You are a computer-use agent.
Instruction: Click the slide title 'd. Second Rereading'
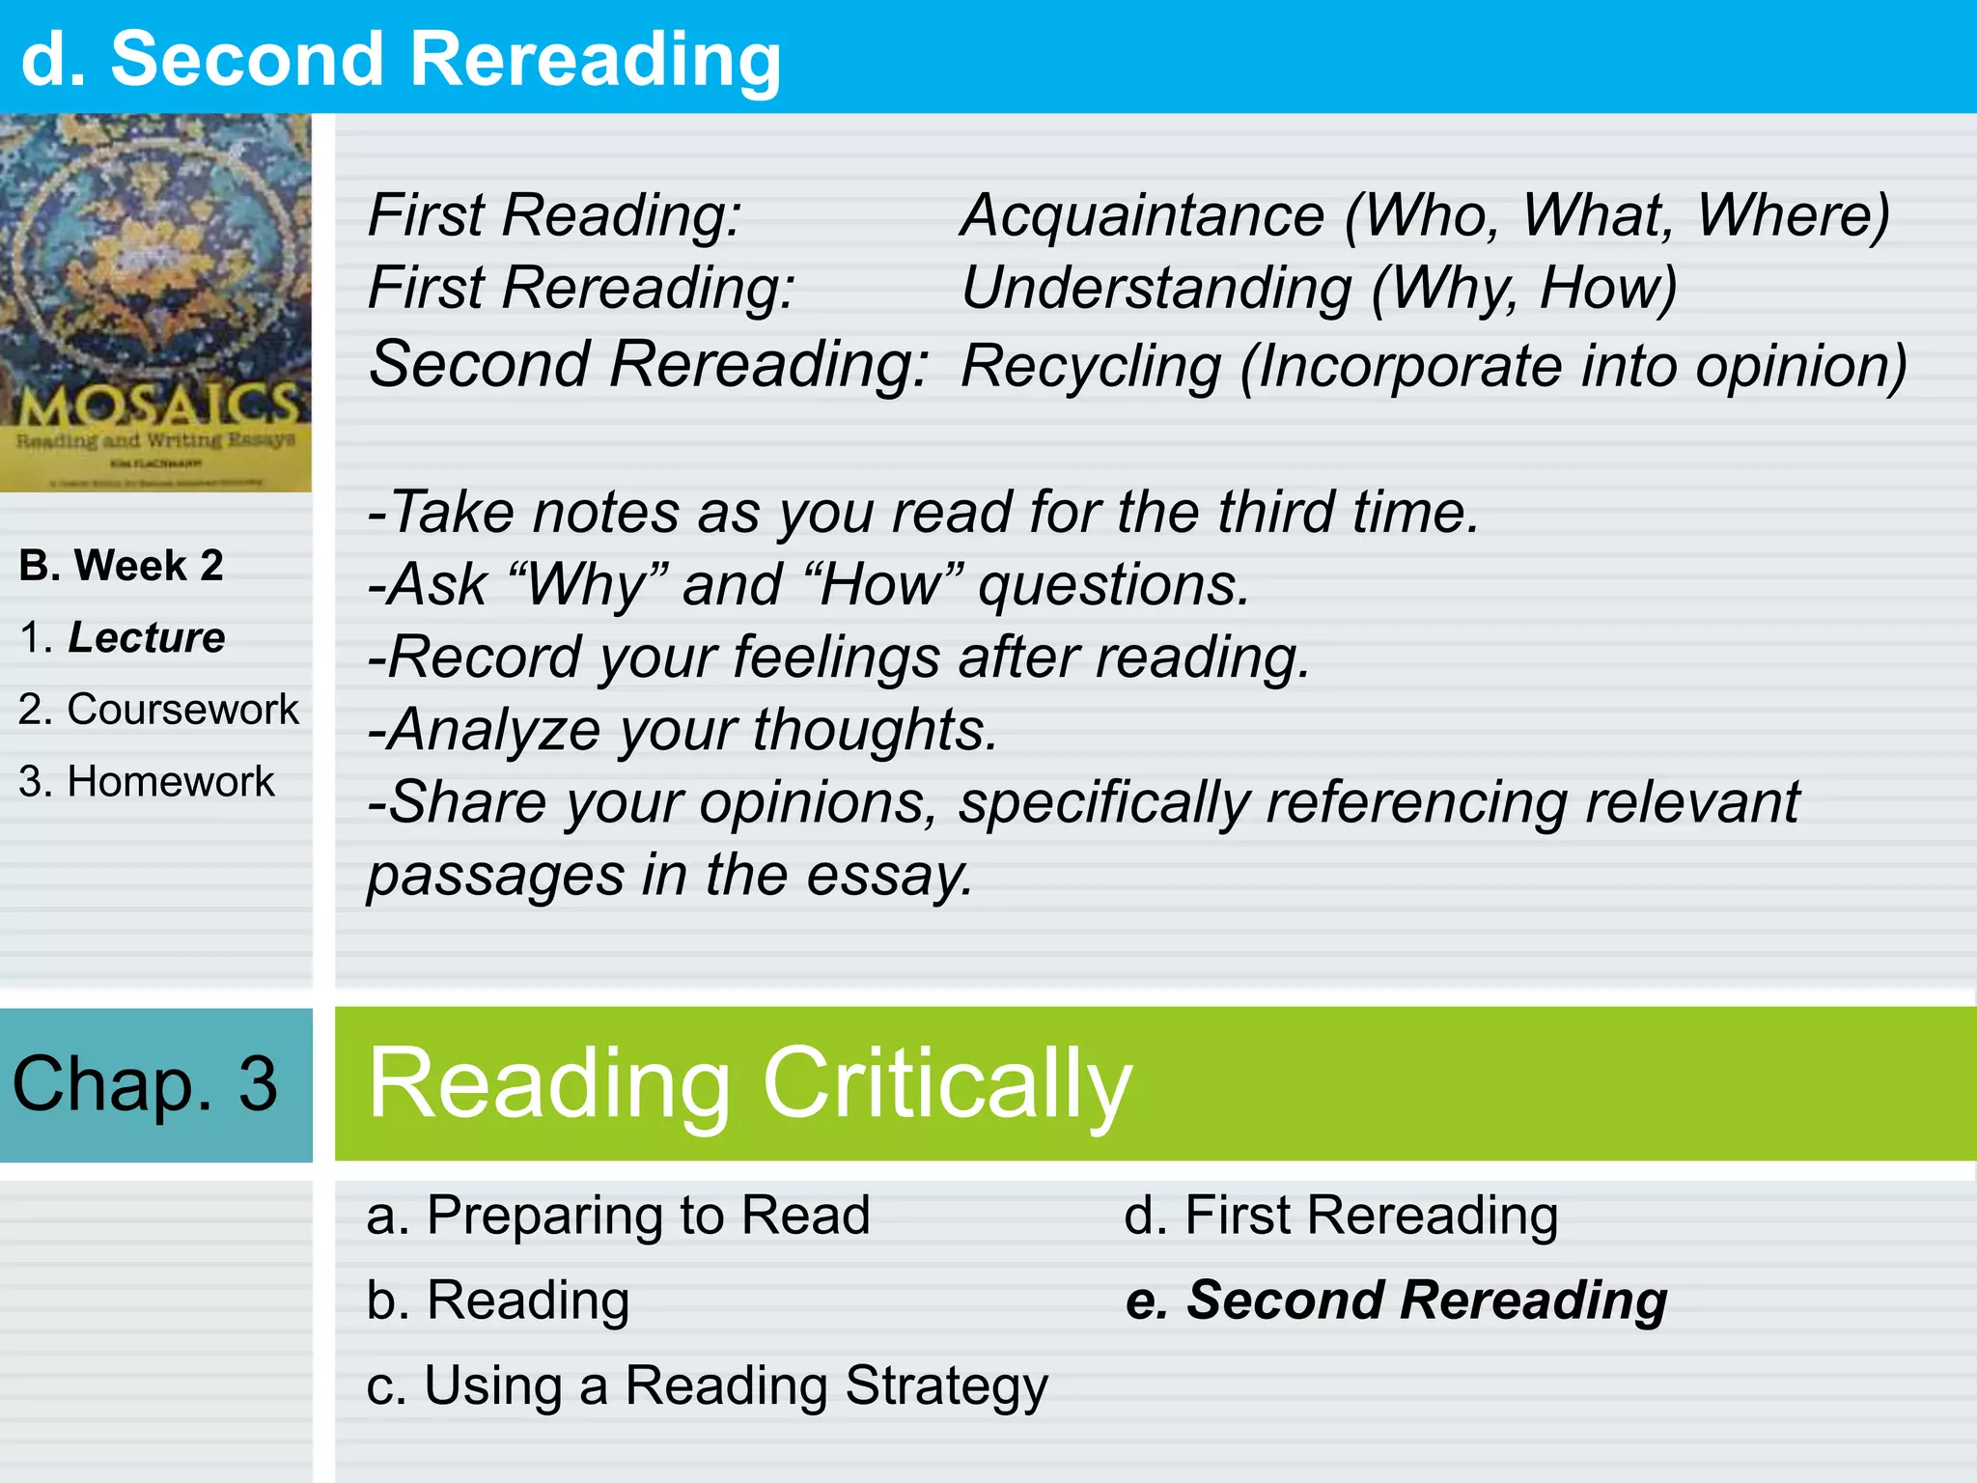coord(400,60)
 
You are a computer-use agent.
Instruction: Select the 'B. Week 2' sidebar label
coord(122,566)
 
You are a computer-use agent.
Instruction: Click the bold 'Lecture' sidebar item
coord(146,638)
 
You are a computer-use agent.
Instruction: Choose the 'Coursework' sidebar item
coord(182,710)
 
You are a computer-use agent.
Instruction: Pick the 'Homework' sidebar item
coord(170,782)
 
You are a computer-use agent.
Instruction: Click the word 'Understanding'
coord(1156,288)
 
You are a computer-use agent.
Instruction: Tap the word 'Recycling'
coord(1092,367)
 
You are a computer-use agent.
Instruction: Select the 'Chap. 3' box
coord(146,1084)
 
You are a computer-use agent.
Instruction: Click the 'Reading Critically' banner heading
coord(749,1084)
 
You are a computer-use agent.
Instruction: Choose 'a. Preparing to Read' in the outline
coord(618,1216)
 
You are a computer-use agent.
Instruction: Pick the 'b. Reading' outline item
coord(498,1301)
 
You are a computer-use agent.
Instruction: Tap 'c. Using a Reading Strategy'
coord(707,1386)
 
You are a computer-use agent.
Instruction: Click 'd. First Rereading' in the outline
coord(1341,1216)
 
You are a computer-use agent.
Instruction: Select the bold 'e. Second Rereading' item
coord(1396,1301)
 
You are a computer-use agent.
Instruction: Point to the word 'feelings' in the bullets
coord(836,658)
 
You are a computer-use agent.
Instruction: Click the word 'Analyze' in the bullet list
coord(495,730)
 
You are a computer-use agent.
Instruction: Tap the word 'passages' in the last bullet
coord(495,877)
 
